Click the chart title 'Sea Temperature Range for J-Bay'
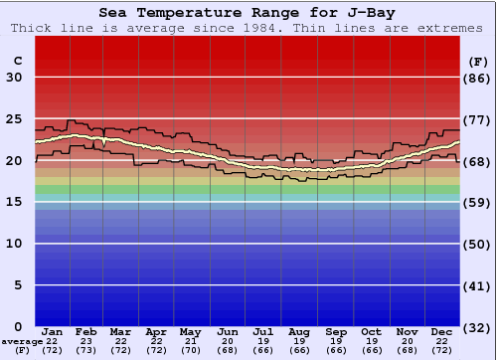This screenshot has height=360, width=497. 248,13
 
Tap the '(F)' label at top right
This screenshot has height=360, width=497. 477,61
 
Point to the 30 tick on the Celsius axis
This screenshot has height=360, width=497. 14,78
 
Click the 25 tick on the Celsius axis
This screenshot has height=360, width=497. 14,119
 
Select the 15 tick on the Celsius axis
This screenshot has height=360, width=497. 14,202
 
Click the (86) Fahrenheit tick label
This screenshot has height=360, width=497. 477,78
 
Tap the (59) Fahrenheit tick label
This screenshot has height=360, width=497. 477,202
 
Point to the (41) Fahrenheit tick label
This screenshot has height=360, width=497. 477,285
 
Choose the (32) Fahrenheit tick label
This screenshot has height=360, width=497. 477,327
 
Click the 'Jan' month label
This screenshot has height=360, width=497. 53,331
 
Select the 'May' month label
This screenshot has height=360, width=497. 190,331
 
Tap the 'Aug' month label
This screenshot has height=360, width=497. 299,331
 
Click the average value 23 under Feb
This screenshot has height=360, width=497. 86,341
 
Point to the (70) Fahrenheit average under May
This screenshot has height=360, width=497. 190,350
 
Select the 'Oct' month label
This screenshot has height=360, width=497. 371,331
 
